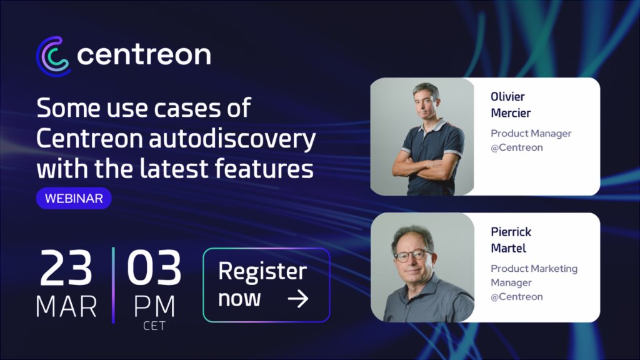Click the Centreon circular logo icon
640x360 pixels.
pyautogui.click(x=53, y=56)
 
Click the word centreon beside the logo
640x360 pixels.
pyautogui.click(x=144, y=55)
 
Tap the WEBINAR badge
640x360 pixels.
pyautogui.click(x=74, y=199)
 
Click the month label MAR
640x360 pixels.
pyautogui.click(x=66, y=306)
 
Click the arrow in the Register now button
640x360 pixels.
pyautogui.click(x=298, y=299)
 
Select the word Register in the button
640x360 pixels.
pyautogui.click(x=262, y=272)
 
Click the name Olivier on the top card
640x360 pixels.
pyautogui.click(x=507, y=97)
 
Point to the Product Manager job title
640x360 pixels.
pyautogui.click(x=531, y=133)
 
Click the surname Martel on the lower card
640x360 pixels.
pyautogui.click(x=508, y=248)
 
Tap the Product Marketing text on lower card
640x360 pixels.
pyautogui.click(x=534, y=269)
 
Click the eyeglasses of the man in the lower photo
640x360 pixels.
pyautogui.click(x=413, y=255)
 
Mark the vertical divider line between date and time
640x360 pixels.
pyautogui.click(x=113, y=285)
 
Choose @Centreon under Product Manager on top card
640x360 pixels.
pyautogui.click(x=516, y=147)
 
